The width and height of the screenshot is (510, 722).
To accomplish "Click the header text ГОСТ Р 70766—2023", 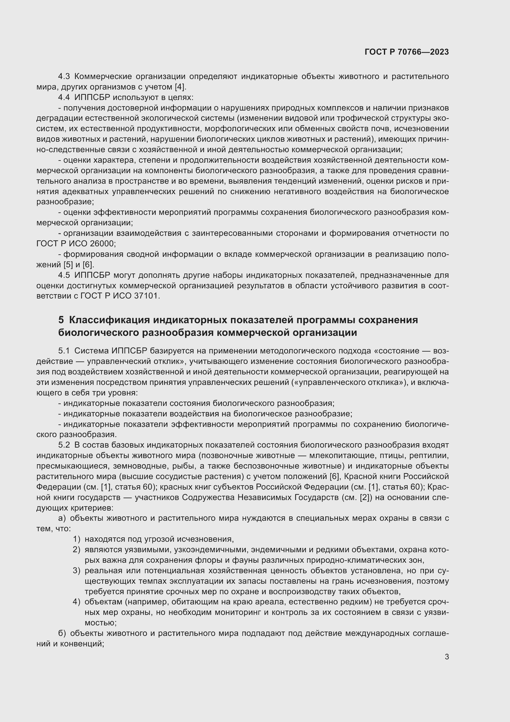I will (407, 52).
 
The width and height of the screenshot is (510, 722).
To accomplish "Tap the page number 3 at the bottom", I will (446, 657).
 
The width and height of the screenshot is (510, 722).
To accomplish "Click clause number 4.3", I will (64, 77).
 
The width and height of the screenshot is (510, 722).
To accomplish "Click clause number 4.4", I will (64, 97).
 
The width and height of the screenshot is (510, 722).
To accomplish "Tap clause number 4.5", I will (64, 275).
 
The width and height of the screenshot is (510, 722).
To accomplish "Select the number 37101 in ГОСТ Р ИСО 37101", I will (147, 296).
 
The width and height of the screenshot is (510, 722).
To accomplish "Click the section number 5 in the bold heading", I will (61, 320).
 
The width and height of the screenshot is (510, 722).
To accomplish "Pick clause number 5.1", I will (64, 351).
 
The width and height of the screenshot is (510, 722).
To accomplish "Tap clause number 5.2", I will (64, 445).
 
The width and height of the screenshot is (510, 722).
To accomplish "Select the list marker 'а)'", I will (62, 518).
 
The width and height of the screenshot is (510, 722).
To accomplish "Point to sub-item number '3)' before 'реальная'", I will (77, 571).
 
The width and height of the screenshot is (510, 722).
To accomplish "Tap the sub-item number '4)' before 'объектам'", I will (77, 602).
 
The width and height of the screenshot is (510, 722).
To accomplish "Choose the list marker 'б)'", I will (62, 633).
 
